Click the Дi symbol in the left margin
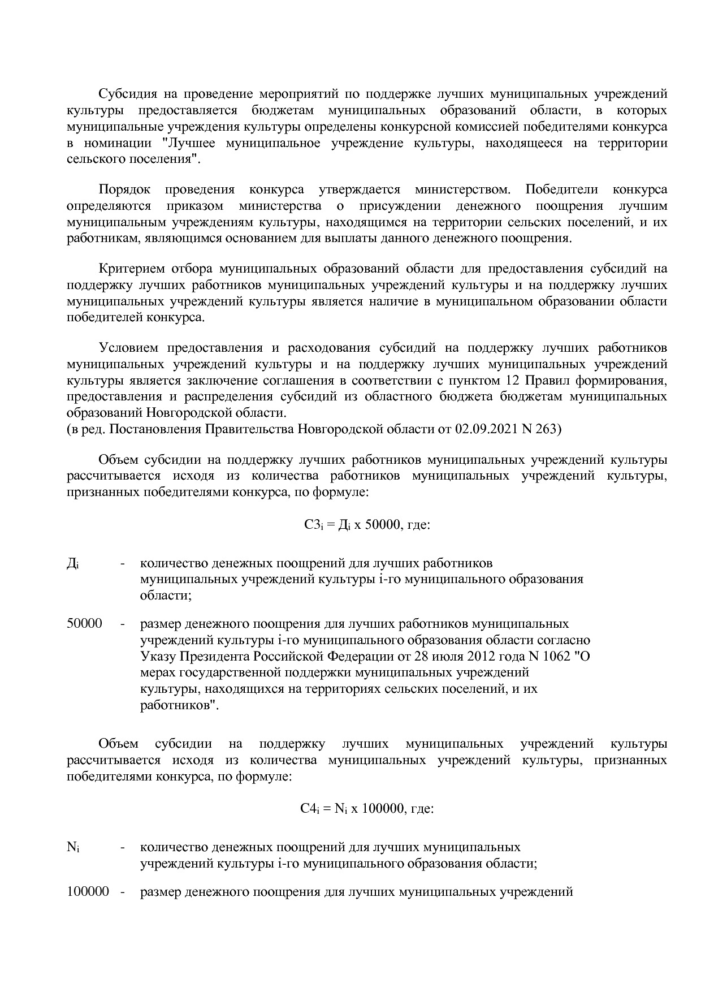click(x=73, y=564)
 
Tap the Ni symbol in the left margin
click(x=73, y=848)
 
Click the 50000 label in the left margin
click(x=84, y=624)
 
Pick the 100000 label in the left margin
click(x=88, y=892)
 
